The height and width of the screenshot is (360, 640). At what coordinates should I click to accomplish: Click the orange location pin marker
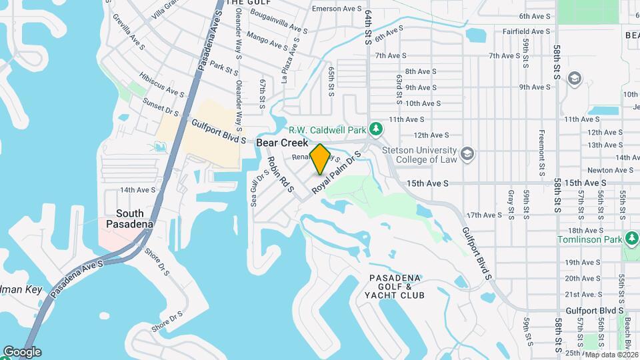tap(320, 159)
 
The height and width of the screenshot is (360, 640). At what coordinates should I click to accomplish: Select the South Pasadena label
tap(126, 219)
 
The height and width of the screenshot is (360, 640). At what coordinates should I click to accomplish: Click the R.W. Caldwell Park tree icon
tap(377, 128)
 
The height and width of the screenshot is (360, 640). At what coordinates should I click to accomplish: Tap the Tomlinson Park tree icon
tap(631, 238)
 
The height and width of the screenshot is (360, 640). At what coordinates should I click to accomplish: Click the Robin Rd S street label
tap(280, 174)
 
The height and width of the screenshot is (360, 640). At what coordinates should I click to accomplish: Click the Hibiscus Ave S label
tap(161, 85)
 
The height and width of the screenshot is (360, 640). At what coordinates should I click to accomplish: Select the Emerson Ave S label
tap(335, 9)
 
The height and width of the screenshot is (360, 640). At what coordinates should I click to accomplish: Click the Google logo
tap(22, 352)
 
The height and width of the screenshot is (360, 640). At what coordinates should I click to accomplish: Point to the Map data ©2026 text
tap(611, 355)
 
